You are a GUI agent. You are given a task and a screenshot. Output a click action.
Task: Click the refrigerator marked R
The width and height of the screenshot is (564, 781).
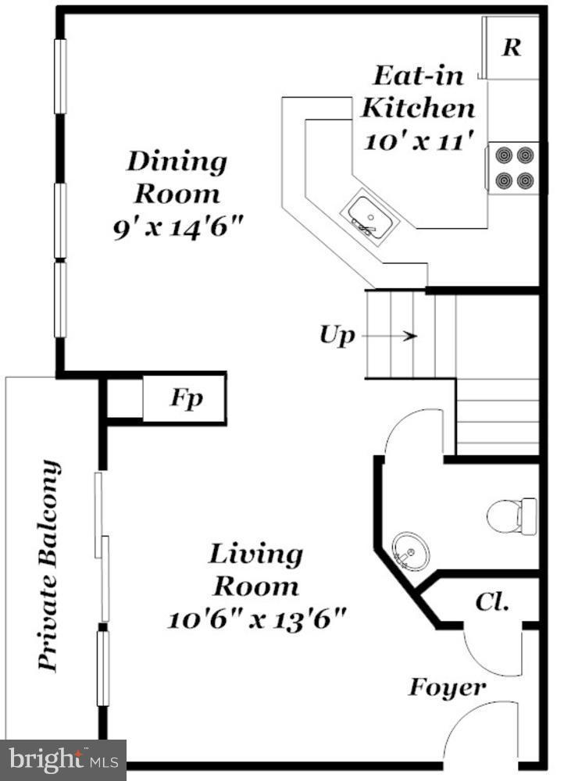pos(511,47)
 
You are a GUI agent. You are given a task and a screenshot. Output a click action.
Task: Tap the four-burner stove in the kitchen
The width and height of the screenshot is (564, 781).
pos(513,168)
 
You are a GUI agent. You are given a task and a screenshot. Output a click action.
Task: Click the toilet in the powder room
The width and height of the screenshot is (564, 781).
pos(512,515)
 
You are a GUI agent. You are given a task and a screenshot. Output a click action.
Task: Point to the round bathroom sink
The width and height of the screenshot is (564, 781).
pos(410,551)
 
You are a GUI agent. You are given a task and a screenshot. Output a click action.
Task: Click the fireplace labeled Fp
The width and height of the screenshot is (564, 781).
pos(186,399)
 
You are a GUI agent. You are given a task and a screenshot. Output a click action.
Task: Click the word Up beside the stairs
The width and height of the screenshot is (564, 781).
pos(337,336)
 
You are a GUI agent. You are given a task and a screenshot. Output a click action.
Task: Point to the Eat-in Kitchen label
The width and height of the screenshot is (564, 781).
pos(417,91)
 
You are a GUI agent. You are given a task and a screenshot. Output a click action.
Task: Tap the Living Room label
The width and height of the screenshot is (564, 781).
pos(255,569)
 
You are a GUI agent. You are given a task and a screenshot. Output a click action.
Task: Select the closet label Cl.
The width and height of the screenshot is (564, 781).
pos(492,602)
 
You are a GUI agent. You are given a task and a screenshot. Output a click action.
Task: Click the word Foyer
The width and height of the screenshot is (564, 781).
pos(447,688)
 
